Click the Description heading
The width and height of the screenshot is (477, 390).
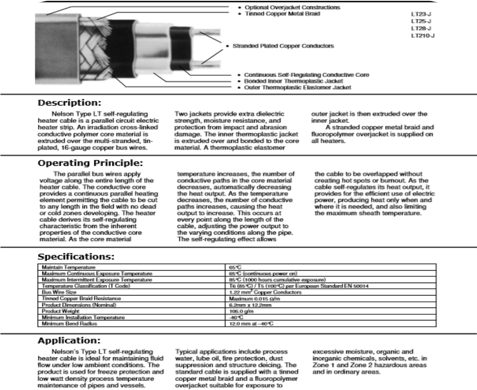[70, 103]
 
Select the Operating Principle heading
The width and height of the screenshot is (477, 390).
[89, 163]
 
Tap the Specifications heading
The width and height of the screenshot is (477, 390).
[76, 257]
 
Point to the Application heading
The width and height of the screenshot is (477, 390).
[69, 341]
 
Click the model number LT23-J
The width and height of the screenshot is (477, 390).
[421, 14]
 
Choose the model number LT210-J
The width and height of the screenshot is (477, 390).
[423, 36]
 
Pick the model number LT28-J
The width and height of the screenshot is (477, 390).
[421, 28]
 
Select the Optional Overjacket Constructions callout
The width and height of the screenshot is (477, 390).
[292, 7]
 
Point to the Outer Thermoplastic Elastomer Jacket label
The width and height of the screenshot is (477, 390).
[298, 87]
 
